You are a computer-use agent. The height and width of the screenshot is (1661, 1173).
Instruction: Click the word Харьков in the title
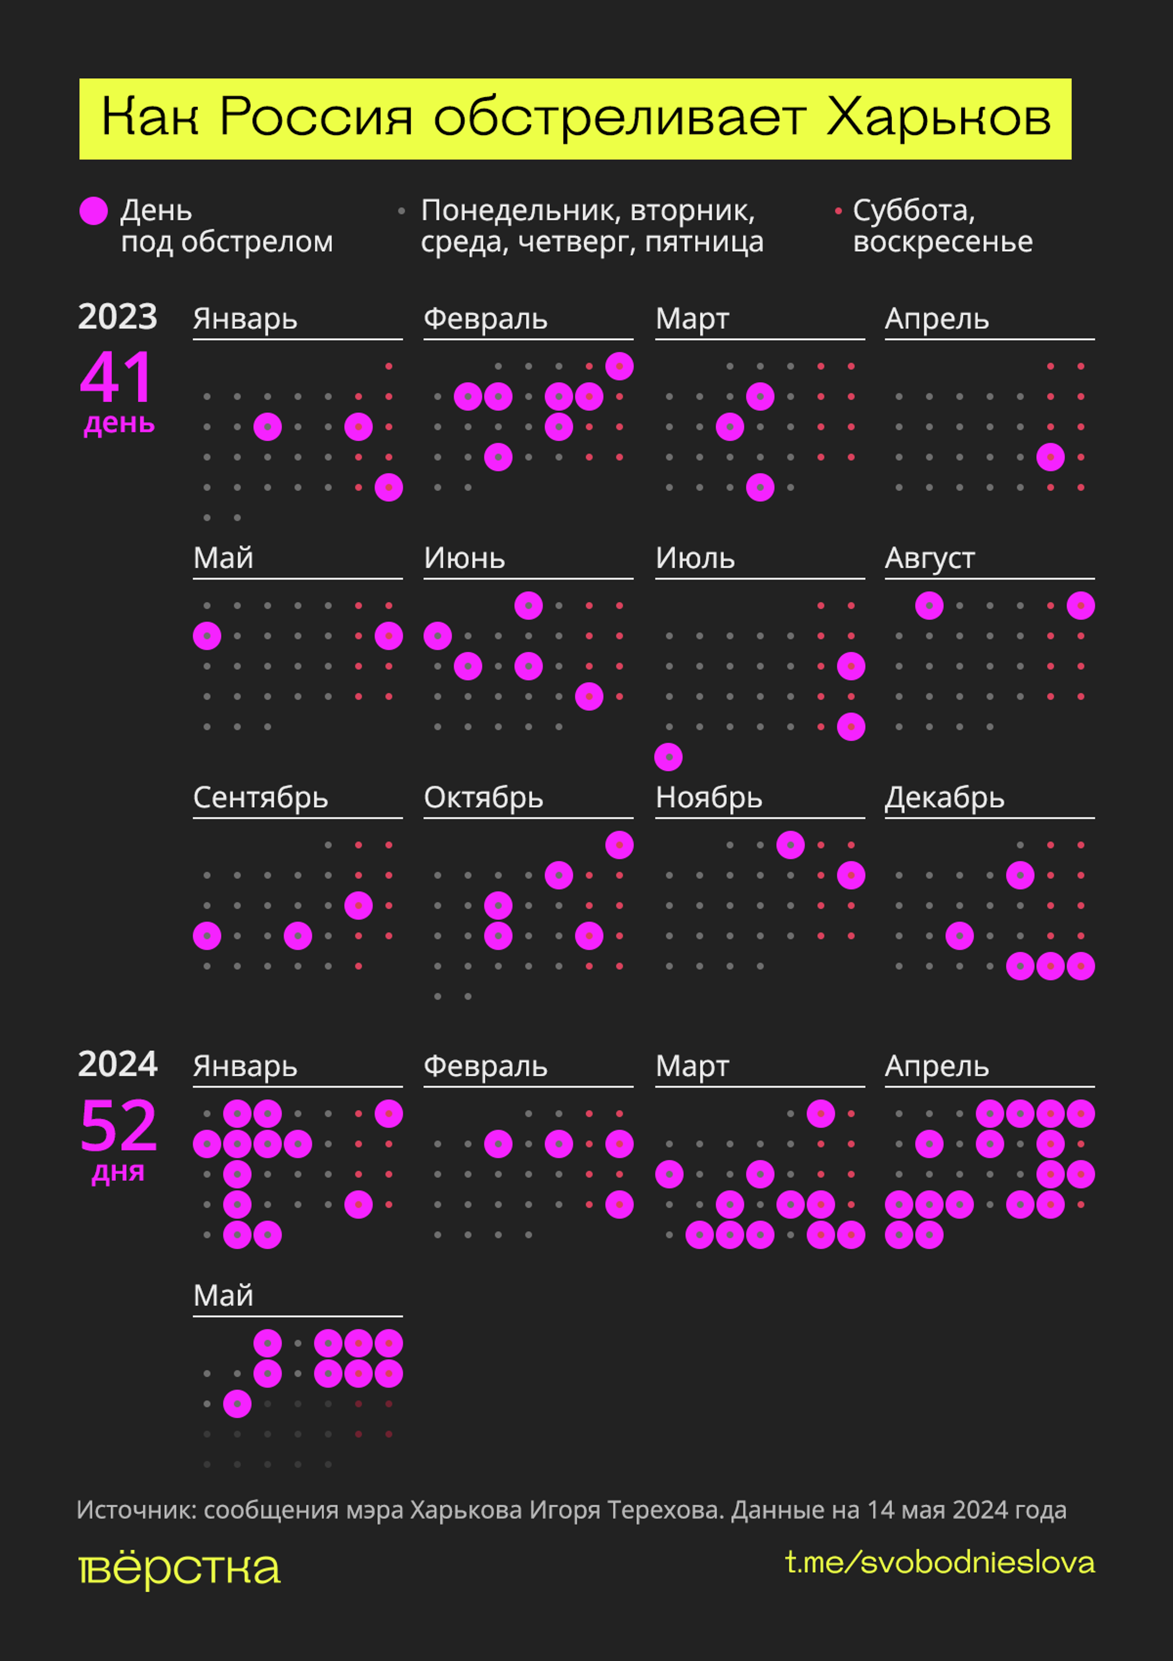938,117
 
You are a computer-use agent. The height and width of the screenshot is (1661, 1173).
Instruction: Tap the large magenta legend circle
93,211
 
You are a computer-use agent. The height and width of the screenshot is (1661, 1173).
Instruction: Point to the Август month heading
929,558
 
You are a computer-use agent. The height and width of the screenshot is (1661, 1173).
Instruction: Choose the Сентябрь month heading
260,798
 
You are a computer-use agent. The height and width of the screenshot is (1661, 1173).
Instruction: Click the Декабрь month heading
945,798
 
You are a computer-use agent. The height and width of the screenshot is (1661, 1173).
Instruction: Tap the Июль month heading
695,558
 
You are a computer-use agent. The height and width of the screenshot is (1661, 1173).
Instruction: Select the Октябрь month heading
483,798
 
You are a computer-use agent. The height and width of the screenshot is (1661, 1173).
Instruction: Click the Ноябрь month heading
709,798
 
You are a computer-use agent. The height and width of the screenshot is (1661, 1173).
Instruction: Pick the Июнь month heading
464,558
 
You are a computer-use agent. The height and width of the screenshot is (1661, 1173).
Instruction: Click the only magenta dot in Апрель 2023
1050,457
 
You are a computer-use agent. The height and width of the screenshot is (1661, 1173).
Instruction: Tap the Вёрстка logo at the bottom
179,1569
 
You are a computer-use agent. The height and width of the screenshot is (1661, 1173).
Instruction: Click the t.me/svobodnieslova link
940,1563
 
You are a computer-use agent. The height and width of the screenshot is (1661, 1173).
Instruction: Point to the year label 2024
117,1064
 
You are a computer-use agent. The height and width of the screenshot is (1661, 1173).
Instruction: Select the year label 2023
117,317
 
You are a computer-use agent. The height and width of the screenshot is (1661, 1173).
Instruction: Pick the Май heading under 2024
223,1295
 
